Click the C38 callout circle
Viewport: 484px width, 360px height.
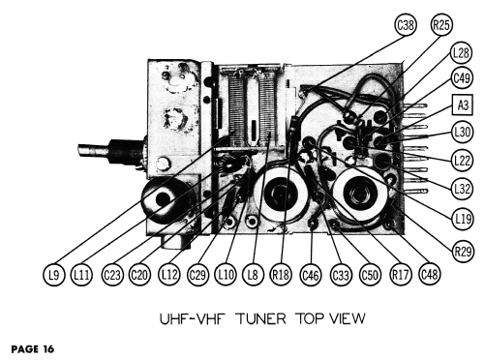(406, 25)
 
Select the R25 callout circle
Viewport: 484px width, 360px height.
(441, 25)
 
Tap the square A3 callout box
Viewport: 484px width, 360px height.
(463, 105)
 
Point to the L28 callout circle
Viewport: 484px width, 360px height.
(461, 52)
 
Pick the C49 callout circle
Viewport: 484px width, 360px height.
(462, 77)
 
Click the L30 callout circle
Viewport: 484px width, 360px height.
(463, 132)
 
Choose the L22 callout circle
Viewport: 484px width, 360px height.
(463, 160)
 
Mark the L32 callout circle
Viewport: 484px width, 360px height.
(463, 189)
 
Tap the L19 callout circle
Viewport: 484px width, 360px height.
(463, 220)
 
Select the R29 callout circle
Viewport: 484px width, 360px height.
(463, 251)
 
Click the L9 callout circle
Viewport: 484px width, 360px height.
(54, 275)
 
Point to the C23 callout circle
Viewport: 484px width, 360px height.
(112, 275)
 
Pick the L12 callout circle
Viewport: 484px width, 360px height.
(169, 275)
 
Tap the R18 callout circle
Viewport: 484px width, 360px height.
(281, 275)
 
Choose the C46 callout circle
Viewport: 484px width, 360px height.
(311, 275)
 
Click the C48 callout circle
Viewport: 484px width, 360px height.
(430, 275)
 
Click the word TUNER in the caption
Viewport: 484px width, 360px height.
(261, 318)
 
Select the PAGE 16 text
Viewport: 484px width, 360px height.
(33, 349)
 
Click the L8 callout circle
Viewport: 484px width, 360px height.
(253, 275)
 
